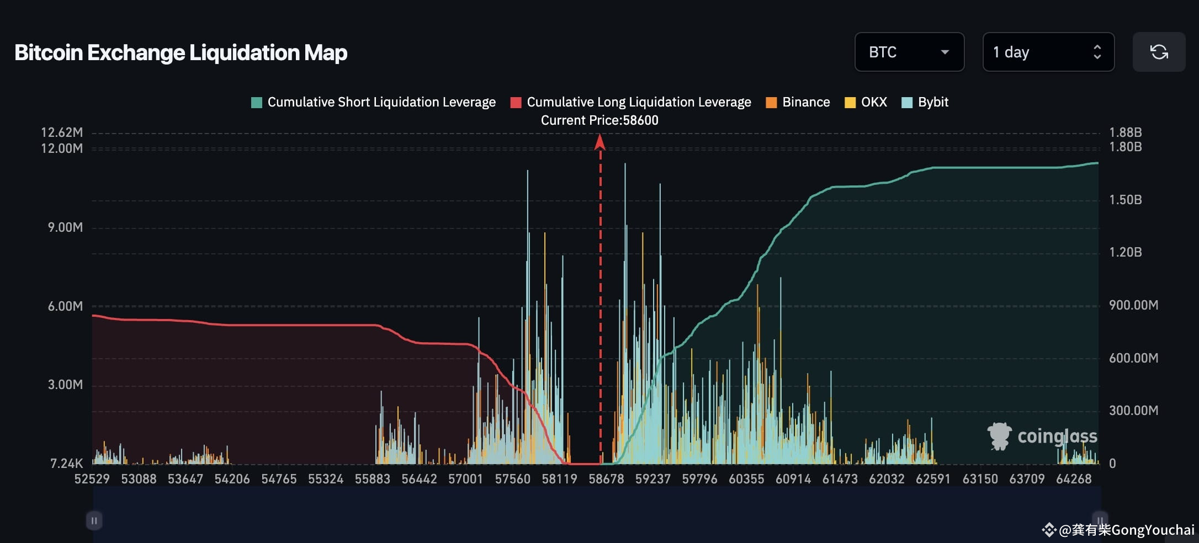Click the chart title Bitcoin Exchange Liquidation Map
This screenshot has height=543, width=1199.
[181, 52]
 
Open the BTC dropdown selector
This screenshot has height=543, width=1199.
[909, 52]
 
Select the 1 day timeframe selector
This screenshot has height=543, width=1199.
[1048, 52]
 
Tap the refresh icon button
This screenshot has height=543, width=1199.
[1159, 52]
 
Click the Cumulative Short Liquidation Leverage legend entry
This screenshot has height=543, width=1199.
[373, 102]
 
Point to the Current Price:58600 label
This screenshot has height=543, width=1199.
[599, 120]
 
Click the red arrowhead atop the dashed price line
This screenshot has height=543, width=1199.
[600, 142]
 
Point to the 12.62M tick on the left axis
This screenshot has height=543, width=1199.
[62, 132]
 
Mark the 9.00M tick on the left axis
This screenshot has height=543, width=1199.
[65, 227]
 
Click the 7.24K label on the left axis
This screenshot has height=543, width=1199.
[66, 464]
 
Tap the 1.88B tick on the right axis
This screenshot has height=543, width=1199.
[1125, 132]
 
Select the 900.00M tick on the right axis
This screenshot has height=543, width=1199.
[1133, 305]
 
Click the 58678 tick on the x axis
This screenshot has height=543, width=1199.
[606, 479]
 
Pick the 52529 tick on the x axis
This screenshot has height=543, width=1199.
[92, 479]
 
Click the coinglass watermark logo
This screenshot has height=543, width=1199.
[1042, 436]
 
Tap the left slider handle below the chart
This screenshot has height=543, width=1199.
[94, 520]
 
